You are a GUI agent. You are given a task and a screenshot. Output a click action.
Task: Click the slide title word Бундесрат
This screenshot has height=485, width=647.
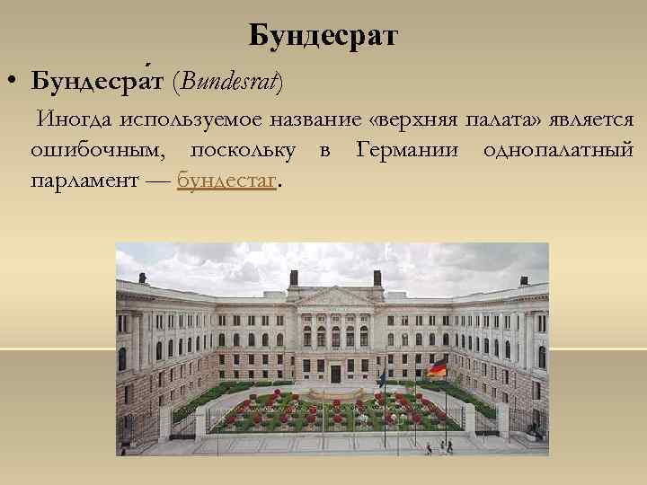coord(323,36)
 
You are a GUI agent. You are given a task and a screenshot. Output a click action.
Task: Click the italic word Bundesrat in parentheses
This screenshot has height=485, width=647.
coord(230,82)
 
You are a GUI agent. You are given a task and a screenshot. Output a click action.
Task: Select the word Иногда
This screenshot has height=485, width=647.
coord(70,119)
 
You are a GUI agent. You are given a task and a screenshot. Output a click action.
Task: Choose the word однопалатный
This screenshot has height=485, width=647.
coord(558,150)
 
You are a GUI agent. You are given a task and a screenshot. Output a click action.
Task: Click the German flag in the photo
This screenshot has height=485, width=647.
coord(437,368)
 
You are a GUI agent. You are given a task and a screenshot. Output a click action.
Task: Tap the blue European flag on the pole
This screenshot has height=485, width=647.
coord(383,378)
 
